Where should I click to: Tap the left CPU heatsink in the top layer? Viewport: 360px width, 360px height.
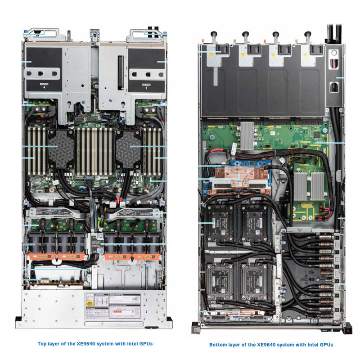[x=61, y=149]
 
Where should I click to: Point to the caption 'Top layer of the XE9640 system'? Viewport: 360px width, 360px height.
[x=95, y=343]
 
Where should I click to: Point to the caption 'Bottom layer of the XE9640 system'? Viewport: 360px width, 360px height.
[x=271, y=345]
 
